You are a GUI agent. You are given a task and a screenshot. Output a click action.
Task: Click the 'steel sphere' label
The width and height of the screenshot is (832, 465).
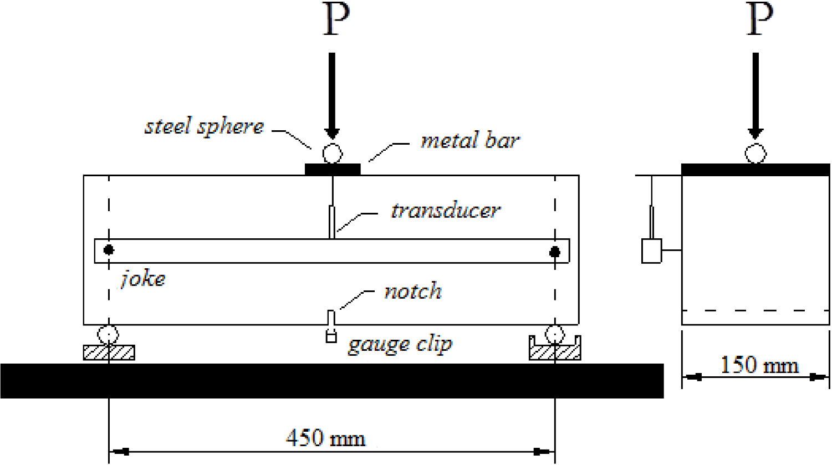coord(204,127)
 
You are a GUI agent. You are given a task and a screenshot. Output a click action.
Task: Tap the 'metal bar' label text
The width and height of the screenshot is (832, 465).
coord(470,140)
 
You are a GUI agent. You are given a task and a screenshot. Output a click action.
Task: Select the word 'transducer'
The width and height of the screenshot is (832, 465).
coord(446,211)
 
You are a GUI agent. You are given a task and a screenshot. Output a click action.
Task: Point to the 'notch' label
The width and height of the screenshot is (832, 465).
coord(413,291)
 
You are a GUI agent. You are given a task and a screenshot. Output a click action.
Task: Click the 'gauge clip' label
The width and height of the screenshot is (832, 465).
coord(400,345)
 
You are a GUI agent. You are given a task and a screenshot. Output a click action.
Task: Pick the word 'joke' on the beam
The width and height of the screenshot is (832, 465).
coord(143,279)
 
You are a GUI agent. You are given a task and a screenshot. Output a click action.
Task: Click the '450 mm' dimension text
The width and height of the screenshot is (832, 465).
coord(326,438)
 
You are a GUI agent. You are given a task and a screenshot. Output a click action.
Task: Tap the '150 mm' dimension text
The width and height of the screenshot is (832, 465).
coord(759,365)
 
